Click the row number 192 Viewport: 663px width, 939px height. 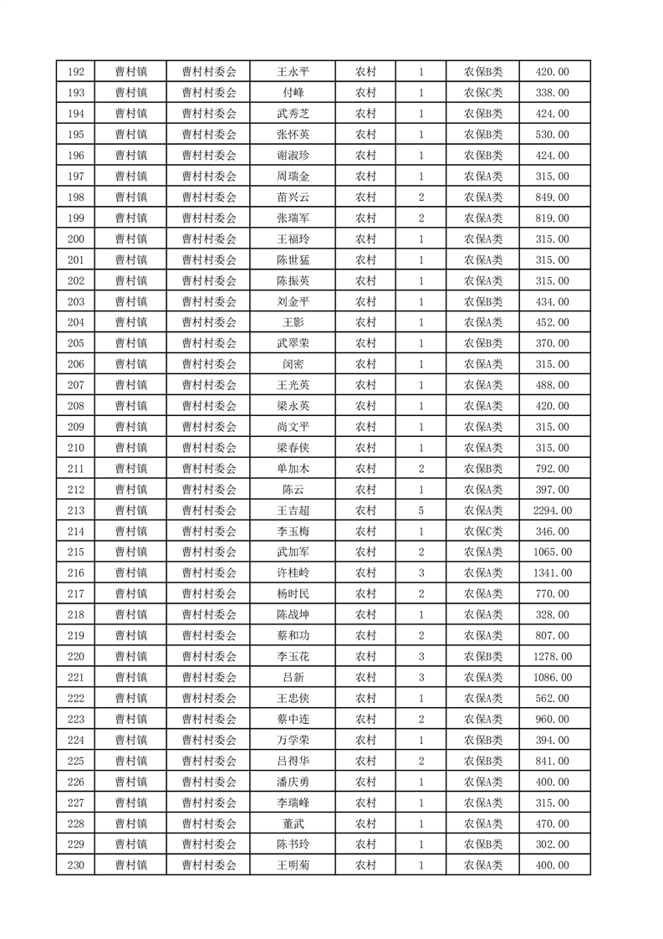75,72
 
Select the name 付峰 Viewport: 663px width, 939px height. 293,93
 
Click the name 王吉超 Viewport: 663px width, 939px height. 293,511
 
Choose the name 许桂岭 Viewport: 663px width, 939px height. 293,573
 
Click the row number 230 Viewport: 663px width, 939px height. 75,865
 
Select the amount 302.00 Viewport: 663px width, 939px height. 552,844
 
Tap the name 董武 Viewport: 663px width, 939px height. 293,824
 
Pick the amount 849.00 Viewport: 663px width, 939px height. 552,198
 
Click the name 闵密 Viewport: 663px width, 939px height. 293,364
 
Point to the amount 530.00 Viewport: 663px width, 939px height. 552,135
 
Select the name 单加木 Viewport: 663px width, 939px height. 293,469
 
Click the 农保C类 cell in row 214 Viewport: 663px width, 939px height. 483,531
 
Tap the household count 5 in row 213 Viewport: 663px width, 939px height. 421,511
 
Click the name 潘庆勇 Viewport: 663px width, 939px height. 293,782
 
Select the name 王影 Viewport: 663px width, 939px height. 293,322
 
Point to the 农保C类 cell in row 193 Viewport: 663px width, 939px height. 483,93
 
